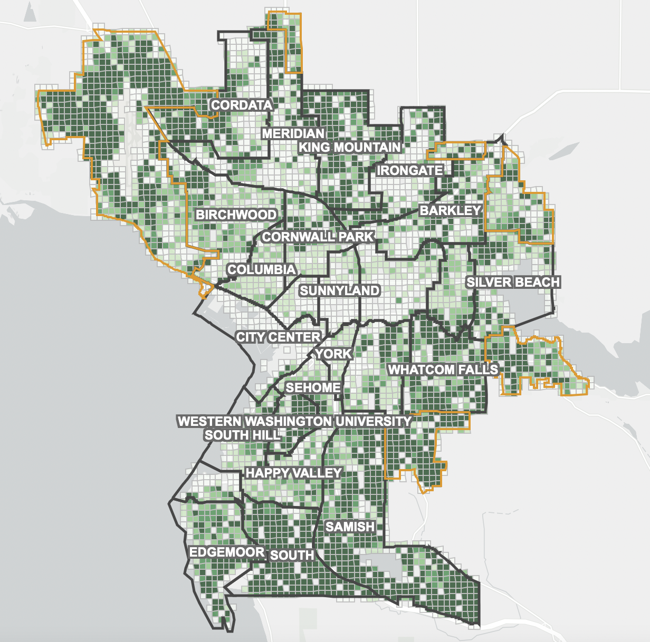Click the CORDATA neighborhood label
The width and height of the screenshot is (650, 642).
(x=242, y=105)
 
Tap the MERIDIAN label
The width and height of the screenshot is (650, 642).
(x=293, y=133)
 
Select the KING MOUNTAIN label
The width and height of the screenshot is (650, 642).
(x=350, y=147)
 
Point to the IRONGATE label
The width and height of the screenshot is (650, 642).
(x=410, y=170)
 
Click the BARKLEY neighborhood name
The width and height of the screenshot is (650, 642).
(x=451, y=210)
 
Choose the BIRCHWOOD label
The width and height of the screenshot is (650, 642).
(x=236, y=215)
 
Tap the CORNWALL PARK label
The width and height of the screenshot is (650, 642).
(x=318, y=237)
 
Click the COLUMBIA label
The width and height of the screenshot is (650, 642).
(x=261, y=269)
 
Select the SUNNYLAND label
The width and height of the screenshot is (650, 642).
(x=339, y=290)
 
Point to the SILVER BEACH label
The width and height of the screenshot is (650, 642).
(x=513, y=282)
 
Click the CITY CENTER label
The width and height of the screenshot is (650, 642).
(x=278, y=337)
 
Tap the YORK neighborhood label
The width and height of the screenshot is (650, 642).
(x=333, y=353)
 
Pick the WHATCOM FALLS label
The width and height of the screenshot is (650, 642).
(x=443, y=369)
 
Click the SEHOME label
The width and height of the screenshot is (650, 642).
(x=313, y=388)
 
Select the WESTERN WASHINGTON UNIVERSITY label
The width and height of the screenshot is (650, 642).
(x=294, y=421)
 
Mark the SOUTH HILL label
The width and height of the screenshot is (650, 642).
(x=242, y=435)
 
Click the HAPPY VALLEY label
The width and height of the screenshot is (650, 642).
(x=293, y=473)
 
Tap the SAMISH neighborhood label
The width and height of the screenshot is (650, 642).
(x=350, y=527)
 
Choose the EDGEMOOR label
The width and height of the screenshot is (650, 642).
(x=227, y=552)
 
